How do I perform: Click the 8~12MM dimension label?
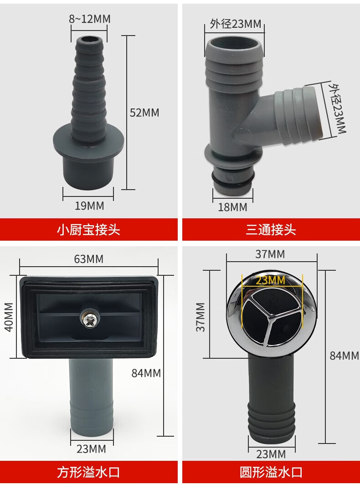[89, 19]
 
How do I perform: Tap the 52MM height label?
[144, 113]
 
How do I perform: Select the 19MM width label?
[89, 206]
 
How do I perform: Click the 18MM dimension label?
[232, 207]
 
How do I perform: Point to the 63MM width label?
[89, 259]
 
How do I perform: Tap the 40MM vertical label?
[9, 317]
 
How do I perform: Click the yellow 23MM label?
[270, 280]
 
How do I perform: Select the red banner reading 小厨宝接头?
[89, 230]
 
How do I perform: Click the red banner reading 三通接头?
[271, 230]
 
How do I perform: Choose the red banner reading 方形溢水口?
[89, 472]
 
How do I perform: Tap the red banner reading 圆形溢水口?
[271, 472]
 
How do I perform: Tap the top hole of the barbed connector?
[89, 40]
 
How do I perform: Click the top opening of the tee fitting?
[234, 43]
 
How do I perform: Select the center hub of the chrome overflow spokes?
[271, 316]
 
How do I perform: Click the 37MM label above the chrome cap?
[270, 254]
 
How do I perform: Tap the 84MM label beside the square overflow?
[146, 373]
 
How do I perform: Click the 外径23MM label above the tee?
[236, 24]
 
